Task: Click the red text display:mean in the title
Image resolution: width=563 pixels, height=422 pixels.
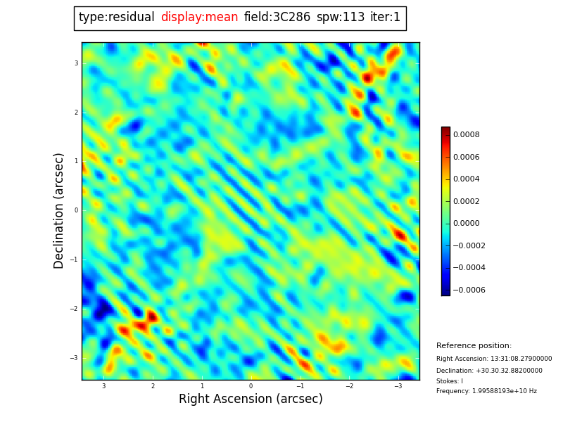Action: pos(199,18)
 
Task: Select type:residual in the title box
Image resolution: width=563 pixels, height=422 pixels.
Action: pos(116,18)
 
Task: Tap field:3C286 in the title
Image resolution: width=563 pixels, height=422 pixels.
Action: pos(277,18)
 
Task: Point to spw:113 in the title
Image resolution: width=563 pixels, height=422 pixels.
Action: pos(341,18)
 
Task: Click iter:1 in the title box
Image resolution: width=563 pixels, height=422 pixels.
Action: pos(385,18)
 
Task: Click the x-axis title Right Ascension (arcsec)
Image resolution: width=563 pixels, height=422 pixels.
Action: pos(251,399)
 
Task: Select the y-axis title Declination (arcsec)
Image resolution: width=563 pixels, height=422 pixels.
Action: pos(59,210)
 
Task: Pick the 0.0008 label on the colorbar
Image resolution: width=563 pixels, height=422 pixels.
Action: pos(466,134)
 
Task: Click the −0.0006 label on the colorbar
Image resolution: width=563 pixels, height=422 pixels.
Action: pos(469,290)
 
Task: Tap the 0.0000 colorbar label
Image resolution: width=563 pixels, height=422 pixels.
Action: pos(466,224)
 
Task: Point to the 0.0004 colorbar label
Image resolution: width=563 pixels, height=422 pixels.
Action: pos(466,179)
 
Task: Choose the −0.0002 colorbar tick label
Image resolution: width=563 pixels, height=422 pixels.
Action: pos(469,245)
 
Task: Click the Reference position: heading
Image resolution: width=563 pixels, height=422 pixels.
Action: pos(474,346)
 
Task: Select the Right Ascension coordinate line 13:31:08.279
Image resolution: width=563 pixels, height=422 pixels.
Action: pos(494,359)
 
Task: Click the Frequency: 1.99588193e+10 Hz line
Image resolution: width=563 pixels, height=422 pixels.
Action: pos(486,391)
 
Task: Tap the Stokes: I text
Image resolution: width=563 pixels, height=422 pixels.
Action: pos(450,381)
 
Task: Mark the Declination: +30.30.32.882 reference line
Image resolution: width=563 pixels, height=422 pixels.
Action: pos(489,371)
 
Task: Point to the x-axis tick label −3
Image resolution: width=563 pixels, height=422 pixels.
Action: pos(398,386)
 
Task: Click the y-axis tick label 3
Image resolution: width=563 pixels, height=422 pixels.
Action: pos(76,63)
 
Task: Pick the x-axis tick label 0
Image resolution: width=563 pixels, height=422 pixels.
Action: pos(251,386)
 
